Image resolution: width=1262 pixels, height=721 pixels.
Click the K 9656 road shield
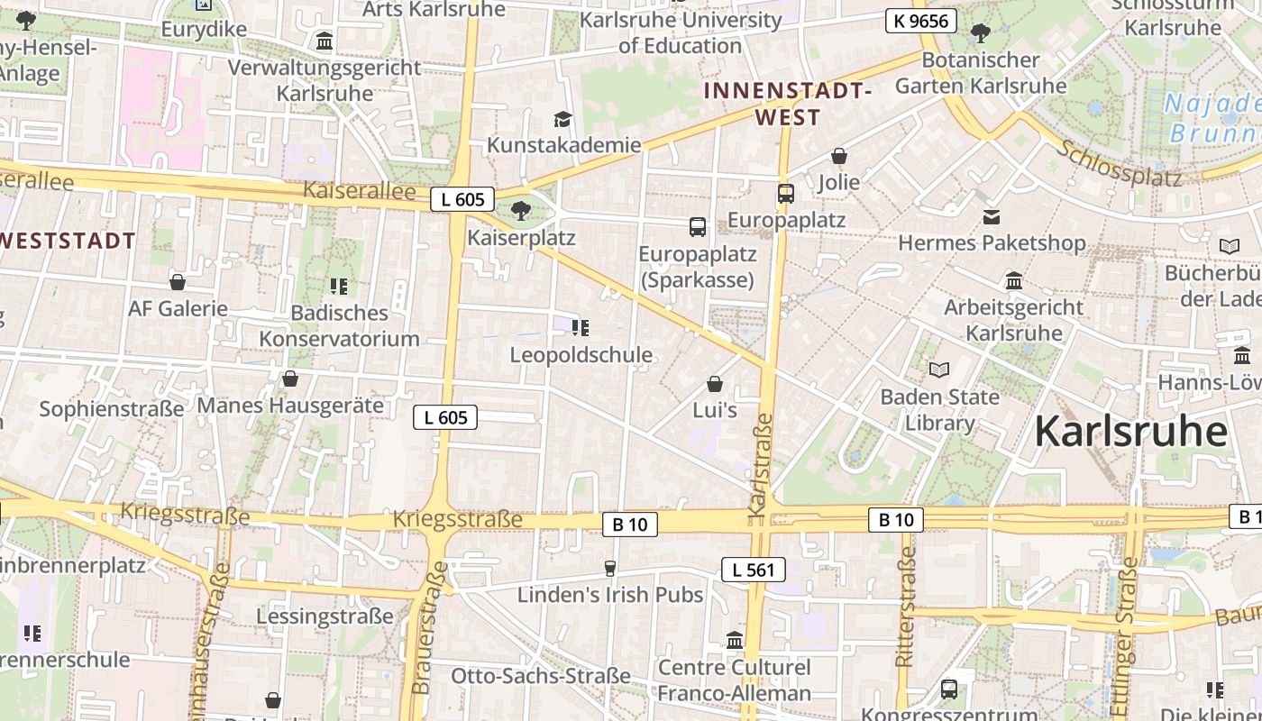click(920, 20)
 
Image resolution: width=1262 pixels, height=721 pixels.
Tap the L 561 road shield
click(753, 569)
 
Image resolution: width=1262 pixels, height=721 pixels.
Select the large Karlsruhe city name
click(1130, 432)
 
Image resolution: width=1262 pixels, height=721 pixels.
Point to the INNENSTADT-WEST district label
click(788, 104)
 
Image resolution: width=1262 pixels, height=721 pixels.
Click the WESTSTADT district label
click(68, 241)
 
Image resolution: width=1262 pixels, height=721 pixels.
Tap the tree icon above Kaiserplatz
click(520, 211)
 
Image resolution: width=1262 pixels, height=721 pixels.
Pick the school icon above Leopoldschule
click(581, 327)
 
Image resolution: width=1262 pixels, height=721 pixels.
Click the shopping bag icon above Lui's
click(715, 384)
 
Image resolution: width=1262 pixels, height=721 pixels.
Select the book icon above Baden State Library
click(939, 370)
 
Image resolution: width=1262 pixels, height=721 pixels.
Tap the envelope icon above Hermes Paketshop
click(992, 216)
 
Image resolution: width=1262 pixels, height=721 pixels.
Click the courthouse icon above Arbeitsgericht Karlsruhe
click(1014, 280)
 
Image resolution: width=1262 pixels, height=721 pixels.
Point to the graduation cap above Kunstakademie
click(563, 119)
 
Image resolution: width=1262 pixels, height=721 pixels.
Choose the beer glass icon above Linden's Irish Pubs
click(610, 568)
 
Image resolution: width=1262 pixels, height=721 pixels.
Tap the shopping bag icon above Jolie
click(839, 156)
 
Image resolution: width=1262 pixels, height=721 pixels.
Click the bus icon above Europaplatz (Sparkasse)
click(698, 226)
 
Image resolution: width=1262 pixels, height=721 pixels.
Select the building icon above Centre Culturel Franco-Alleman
click(735, 640)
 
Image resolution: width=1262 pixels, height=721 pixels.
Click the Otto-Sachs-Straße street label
click(540, 676)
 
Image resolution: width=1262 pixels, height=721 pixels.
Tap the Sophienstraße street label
click(112, 409)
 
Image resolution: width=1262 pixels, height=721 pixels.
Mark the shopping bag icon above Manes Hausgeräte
click(290, 379)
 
